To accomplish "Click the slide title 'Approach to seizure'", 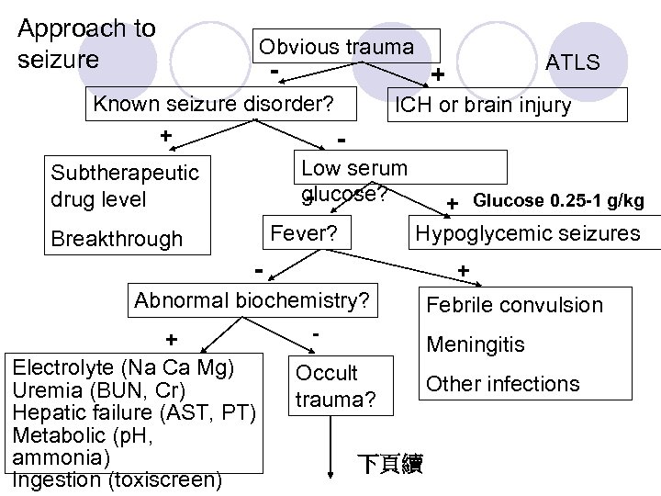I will pyautogui.click(x=86, y=43).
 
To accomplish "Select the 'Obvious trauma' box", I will pyautogui.click(x=337, y=47).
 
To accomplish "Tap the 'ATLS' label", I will pyautogui.click(x=572, y=62).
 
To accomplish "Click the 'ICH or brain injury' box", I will pyautogui.click(x=481, y=105).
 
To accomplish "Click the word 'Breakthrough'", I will pyautogui.click(x=117, y=239).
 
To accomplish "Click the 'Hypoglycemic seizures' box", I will pyautogui.click(x=528, y=233).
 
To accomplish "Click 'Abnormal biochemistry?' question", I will pyautogui.click(x=252, y=300).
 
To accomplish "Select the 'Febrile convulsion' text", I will pyautogui.click(x=525, y=305).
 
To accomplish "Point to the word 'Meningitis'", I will pyautogui.click(x=476, y=345).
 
